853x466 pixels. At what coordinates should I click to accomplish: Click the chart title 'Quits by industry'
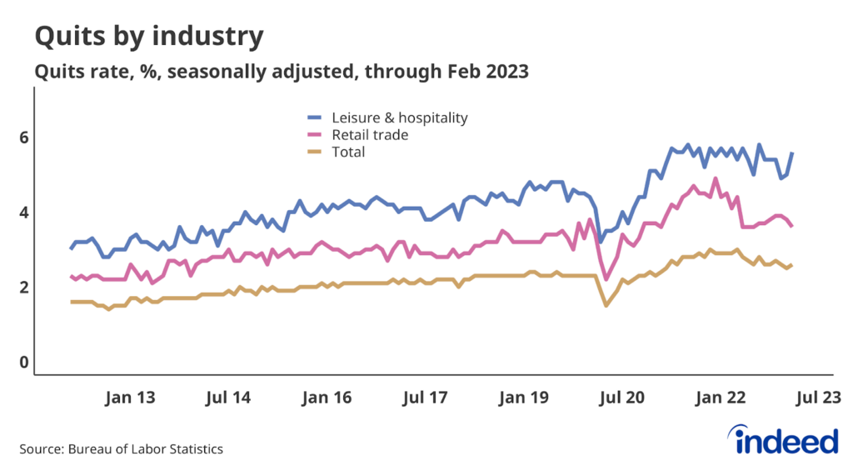tap(149, 36)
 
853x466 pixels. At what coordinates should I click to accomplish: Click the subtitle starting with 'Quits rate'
tap(281, 73)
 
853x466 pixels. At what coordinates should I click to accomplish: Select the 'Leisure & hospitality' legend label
tap(400, 118)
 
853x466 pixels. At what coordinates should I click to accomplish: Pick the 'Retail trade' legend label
tap(370, 134)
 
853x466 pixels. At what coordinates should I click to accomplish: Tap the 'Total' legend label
tap(348, 152)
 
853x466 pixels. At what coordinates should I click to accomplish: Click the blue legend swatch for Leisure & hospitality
tap(316, 118)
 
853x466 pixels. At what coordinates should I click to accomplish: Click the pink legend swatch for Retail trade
tap(316, 134)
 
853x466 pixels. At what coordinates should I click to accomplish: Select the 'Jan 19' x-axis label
tap(523, 398)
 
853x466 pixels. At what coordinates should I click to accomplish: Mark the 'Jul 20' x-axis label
tap(621, 398)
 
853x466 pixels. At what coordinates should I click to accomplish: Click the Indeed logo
tap(781, 438)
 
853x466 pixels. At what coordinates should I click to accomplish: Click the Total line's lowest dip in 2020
tap(606, 305)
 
